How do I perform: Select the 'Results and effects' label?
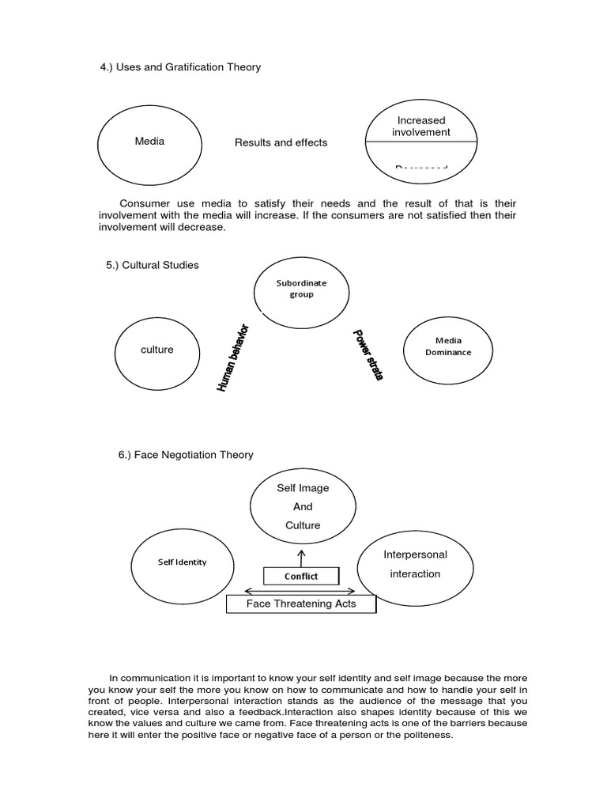[281, 142]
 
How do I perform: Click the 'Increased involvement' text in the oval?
[421, 127]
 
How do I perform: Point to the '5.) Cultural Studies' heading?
[153, 265]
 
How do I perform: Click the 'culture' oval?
[156, 350]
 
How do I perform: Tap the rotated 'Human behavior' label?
[233, 358]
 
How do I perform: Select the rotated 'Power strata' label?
[368, 355]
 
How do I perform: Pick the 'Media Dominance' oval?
[448, 346]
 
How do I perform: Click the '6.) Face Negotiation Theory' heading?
[186, 455]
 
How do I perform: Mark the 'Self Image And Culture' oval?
[302, 507]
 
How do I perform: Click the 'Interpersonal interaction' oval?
[415, 565]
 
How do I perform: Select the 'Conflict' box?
[301, 576]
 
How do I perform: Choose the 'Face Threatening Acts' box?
[301, 604]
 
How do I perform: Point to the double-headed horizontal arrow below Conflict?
[300, 590]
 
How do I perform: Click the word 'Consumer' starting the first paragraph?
[144, 203]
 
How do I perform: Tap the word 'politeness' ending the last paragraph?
[426, 735]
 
